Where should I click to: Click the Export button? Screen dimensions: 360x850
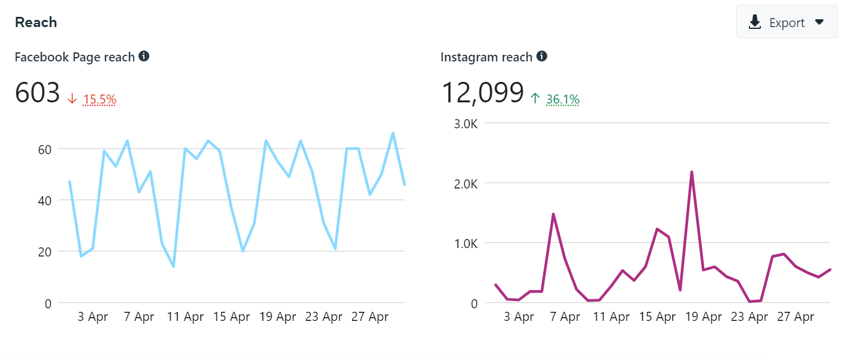pos(786,22)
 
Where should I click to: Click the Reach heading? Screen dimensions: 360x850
pos(36,22)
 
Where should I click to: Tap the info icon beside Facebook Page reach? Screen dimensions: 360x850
pos(144,57)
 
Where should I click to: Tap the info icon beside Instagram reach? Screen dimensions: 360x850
pos(542,57)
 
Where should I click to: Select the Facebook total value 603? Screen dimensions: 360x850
pos(37,93)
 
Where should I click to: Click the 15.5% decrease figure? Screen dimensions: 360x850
pos(99,99)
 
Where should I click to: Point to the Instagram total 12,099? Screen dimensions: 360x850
pos(482,93)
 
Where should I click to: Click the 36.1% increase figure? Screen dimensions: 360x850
pos(562,99)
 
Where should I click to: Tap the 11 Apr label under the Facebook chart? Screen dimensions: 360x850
pos(185,317)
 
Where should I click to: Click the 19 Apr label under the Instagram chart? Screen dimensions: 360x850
pos(704,317)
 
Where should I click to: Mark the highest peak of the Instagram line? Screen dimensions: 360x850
pos(692,172)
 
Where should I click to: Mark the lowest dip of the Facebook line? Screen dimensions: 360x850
pos(173,266)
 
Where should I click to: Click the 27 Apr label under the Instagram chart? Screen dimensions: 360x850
pos(796,317)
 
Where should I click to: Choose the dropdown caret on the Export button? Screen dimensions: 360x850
pos(819,22)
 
